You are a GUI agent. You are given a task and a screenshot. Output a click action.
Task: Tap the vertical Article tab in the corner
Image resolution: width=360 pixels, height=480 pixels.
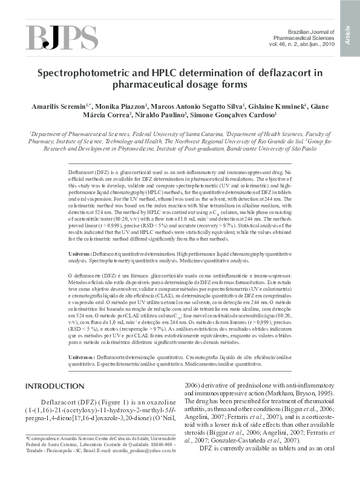350,30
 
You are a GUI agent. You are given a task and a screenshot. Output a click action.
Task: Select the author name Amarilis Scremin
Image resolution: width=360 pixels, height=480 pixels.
38,106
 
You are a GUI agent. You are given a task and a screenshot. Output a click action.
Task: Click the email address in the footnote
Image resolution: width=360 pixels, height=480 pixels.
145,450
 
